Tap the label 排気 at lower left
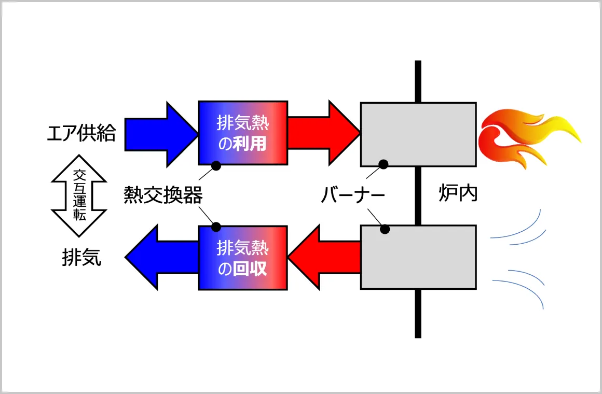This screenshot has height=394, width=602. click(x=81, y=258)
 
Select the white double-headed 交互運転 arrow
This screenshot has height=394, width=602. click(x=79, y=195)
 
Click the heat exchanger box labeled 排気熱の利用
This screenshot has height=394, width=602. click(x=243, y=133)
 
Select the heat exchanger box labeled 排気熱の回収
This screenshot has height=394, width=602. click(x=243, y=258)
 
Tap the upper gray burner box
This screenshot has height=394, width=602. click(x=418, y=134)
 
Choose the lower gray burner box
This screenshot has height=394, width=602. click(x=418, y=257)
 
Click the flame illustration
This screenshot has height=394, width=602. click(x=527, y=138)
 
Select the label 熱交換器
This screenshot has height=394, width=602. click(x=163, y=195)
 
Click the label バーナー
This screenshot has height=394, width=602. click(x=353, y=195)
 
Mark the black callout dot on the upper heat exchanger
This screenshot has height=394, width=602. click(x=216, y=166)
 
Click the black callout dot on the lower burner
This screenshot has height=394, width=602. click(x=385, y=229)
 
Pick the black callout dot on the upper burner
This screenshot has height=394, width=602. click(x=384, y=164)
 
